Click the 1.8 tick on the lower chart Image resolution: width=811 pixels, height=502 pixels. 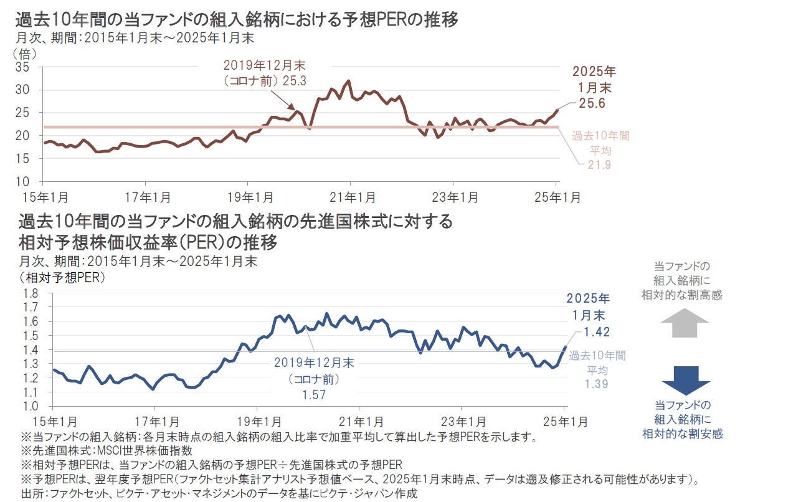31,293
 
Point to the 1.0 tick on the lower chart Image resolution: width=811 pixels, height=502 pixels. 31,406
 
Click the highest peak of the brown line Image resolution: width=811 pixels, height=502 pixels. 348,81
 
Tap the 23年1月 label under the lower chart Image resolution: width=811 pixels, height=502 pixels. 460,422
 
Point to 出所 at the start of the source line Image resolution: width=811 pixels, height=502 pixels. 32,495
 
